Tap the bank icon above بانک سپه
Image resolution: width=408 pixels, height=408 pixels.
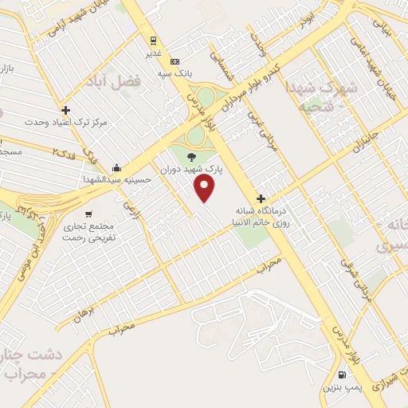click(175, 62)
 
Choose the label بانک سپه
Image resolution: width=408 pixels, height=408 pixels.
click(175, 74)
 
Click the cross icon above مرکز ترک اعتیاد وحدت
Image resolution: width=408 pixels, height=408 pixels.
click(65, 110)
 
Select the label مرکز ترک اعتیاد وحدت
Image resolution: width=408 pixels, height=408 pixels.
click(65, 123)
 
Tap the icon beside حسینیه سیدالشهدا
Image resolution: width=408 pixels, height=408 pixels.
click(117, 167)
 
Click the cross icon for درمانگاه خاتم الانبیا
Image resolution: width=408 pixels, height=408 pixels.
click(261, 198)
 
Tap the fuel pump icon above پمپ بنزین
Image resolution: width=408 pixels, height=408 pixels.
click(343, 375)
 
